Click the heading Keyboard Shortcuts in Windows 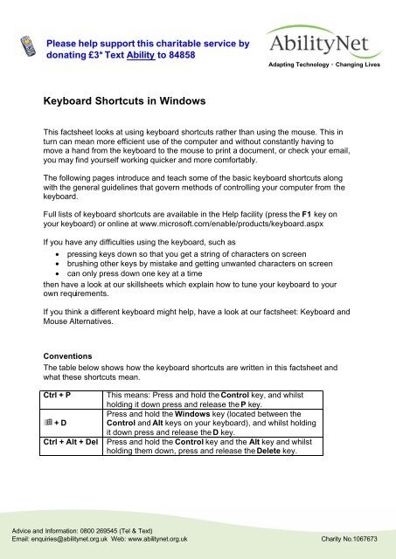(124, 101)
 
